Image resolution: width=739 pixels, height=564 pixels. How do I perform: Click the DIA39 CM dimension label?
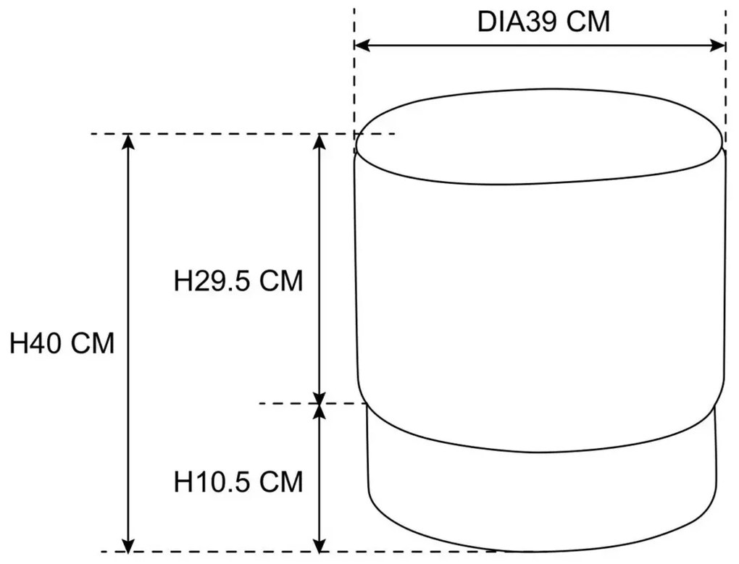(x=543, y=22)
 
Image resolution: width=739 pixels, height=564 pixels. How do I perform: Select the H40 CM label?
(x=62, y=343)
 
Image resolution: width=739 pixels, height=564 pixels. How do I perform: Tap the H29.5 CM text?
(x=238, y=281)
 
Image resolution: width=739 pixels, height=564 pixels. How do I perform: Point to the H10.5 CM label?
(x=238, y=482)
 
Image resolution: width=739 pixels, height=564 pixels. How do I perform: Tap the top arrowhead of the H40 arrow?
(x=128, y=141)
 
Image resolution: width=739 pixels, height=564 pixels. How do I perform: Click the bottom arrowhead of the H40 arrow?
(x=128, y=545)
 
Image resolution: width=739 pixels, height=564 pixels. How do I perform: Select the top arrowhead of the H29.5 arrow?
(x=320, y=141)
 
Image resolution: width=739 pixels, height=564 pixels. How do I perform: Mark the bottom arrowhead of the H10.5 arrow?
(x=320, y=545)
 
